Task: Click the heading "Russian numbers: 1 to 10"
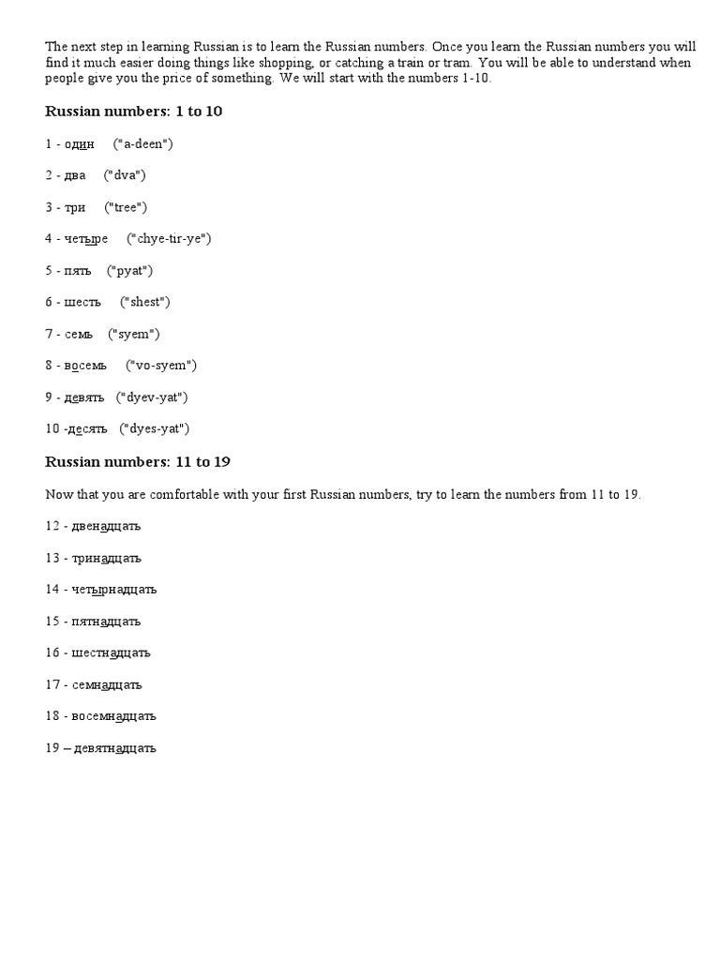pyautogui.click(x=133, y=112)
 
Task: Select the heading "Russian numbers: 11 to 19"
pyautogui.click(x=138, y=461)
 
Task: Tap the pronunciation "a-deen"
pyautogui.click(x=142, y=143)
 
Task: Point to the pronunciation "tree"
pyautogui.click(x=126, y=207)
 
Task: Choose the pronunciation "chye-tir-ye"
pyautogui.click(x=169, y=238)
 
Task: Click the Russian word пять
pyautogui.click(x=78, y=270)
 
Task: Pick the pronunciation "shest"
pyautogui.click(x=145, y=302)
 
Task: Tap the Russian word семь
pyautogui.click(x=79, y=334)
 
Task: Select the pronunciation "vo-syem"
pyautogui.click(x=161, y=366)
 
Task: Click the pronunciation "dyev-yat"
pyautogui.click(x=152, y=397)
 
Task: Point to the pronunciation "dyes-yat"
pyautogui.click(x=155, y=428)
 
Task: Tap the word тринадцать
pyautogui.click(x=103, y=558)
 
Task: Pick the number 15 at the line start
pyautogui.click(x=52, y=621)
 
